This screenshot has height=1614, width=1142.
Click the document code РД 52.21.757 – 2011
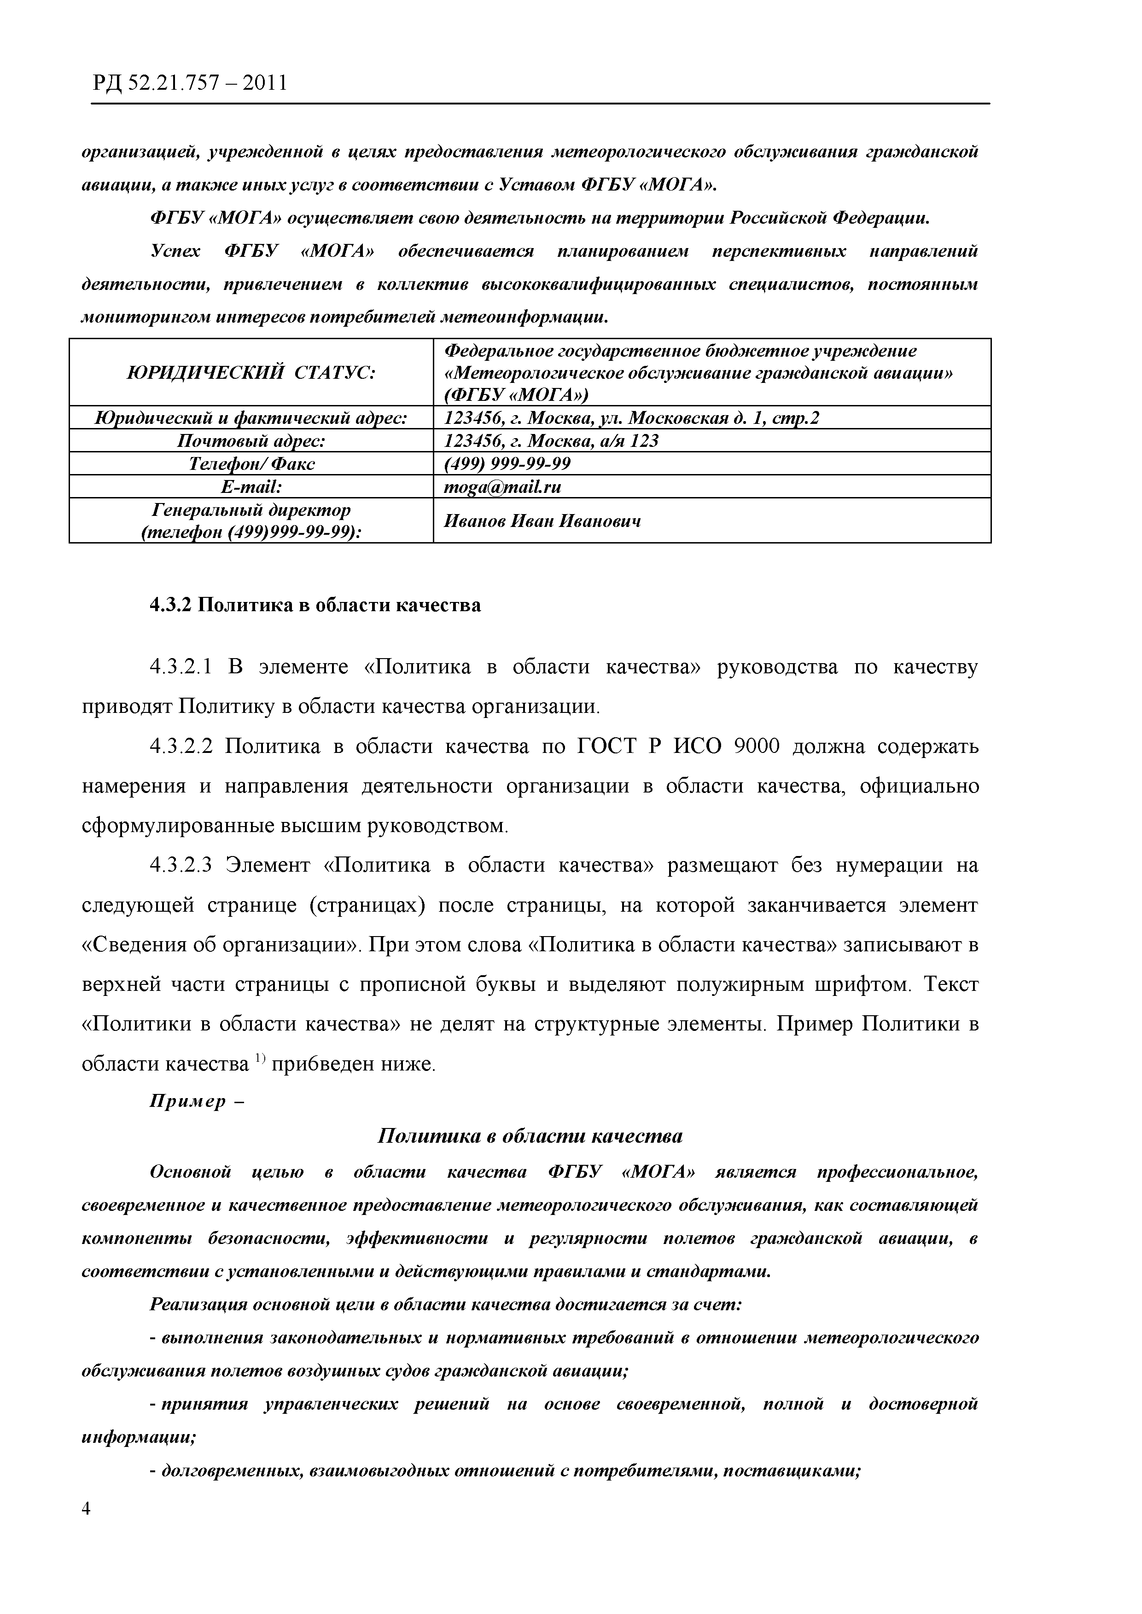point(189,84)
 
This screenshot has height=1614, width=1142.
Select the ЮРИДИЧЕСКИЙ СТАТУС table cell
point(251,372)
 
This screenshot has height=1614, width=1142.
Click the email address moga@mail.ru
point(503,486)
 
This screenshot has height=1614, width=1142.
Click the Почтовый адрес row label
point(251,441)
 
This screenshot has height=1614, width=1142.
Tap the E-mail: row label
point(251,486)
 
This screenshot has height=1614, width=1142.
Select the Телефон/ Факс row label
point(251,464)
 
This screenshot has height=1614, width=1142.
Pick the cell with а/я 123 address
point(551,441)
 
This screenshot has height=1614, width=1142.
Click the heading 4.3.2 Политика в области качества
point(315,605)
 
